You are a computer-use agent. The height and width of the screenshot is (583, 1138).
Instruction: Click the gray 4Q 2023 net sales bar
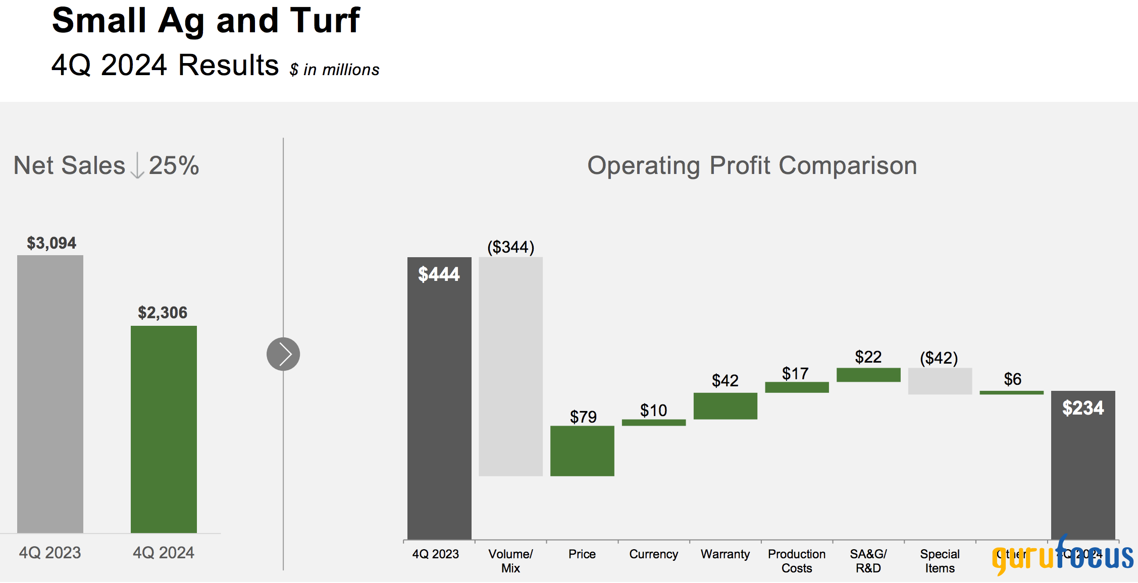click(x=50, y=393)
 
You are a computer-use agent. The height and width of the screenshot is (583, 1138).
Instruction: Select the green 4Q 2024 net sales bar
click(x=164, y=429)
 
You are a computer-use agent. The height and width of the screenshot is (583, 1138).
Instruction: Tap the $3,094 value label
click(x=51, y=243)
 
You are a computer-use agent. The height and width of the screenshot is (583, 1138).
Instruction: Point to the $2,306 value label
click(x=163, y=313)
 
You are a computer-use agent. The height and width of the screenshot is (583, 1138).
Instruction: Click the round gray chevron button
click(x=283, y=354)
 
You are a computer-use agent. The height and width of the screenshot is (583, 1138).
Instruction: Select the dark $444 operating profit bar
click(x=439, y=398)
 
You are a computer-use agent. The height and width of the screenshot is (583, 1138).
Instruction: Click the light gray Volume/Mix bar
click(x=510, y=366)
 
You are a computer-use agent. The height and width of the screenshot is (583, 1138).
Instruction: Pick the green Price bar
click(x=582, y=451)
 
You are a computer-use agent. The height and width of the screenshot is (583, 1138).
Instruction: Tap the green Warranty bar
click(x=725, y=406)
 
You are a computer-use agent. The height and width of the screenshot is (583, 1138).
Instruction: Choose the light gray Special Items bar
click(x=940, y=381)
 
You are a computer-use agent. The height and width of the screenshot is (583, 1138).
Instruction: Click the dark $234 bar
click(x=1083, y=464)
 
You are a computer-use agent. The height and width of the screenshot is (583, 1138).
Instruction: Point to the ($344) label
click(x=510, y=247)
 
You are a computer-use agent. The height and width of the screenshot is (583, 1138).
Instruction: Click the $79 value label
click(x=583, y=417)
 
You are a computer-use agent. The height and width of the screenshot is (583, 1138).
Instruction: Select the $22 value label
click(x=868, y=357)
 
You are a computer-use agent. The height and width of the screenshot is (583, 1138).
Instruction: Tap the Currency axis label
click(x=653, y=554)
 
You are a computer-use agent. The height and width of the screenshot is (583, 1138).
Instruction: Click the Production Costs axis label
click(x=797, y=561)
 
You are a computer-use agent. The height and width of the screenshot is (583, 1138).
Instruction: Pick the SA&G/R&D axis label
click(x=868, y=561)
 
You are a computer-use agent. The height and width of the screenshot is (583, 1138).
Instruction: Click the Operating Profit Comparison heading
click(x=752, y=165)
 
